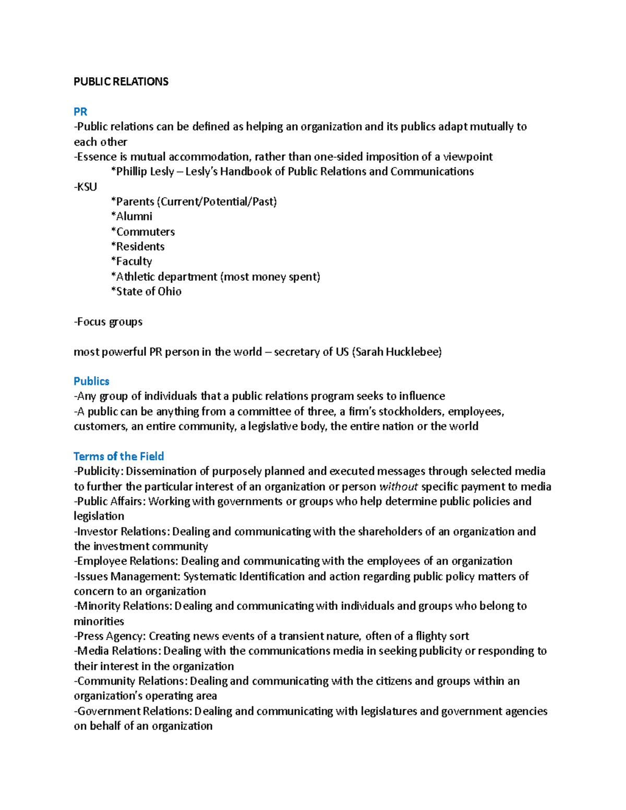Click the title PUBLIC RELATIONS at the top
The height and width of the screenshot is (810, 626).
point(121,81)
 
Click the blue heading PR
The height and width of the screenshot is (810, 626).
point(80,112)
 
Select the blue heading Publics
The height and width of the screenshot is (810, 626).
point(91,381)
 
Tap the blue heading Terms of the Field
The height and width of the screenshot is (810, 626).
point(119,456)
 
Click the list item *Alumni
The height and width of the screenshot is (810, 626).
point(131,216)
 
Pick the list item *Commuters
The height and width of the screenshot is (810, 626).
point(142,232)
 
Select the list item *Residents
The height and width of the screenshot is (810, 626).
point(138,247)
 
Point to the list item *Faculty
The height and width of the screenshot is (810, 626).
point(131,261)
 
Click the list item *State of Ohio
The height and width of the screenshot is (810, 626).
point(146,292)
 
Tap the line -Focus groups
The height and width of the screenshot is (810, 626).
point(108,322)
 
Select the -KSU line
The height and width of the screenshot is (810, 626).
point(86,187)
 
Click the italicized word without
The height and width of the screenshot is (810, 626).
point(399,487)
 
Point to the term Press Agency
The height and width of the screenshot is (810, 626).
point(110,636)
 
